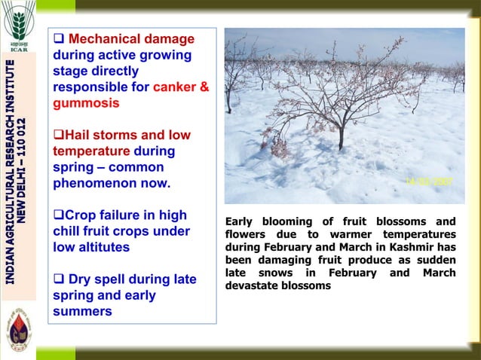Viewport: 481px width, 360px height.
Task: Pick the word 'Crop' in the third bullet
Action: pyautogui.click(x=84, y=215)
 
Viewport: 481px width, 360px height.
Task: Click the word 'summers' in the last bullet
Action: pyautogui.click(x=82, y=311)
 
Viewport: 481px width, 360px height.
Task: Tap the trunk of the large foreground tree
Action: pyautogui.click(x=341, y=139)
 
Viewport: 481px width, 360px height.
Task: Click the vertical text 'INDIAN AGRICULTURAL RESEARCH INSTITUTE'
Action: pyautogui.click(x=10, y=173)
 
